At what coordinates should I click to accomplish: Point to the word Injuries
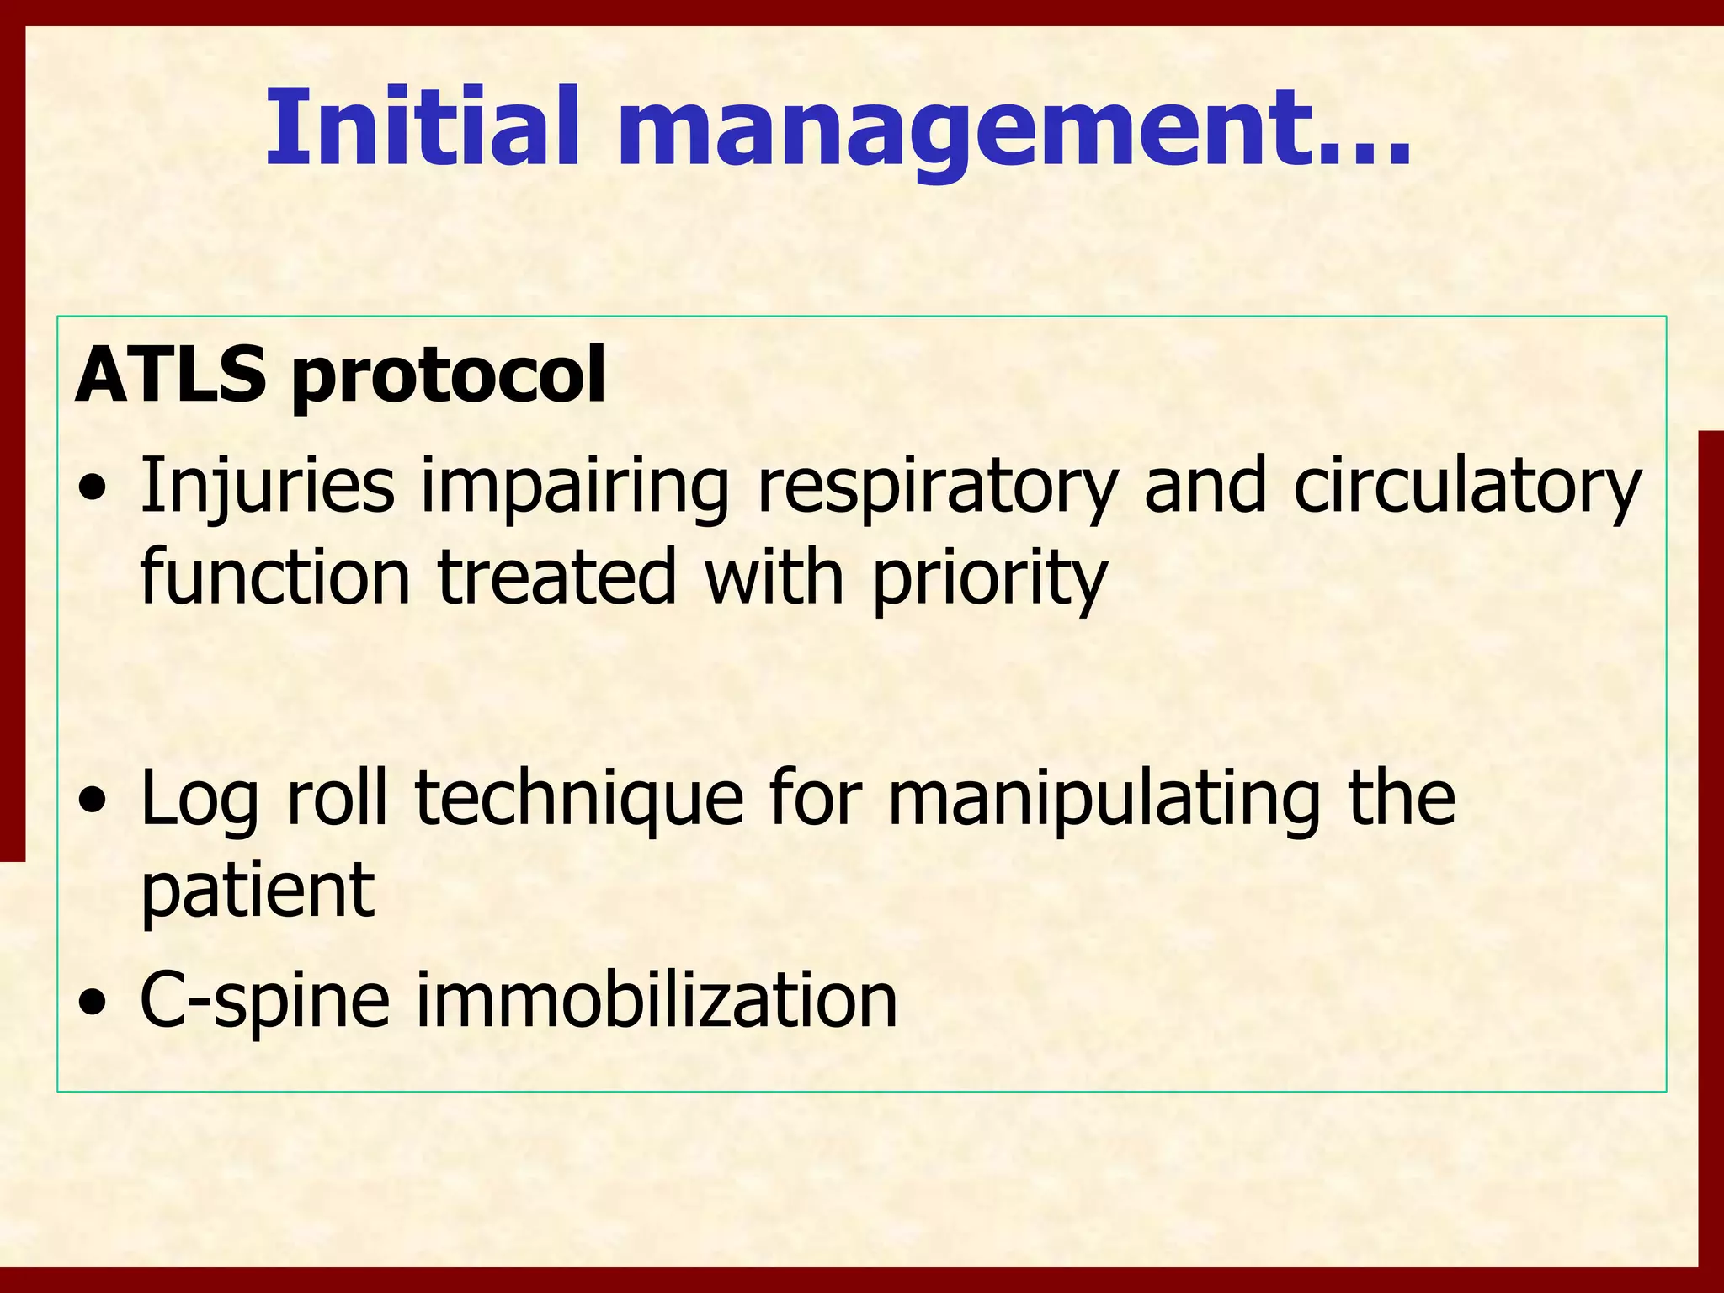pos(267,487)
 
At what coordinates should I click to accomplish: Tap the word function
pos(274,577)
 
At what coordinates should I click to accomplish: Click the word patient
pos(257,892)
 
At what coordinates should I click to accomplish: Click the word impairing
pos(575,488)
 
